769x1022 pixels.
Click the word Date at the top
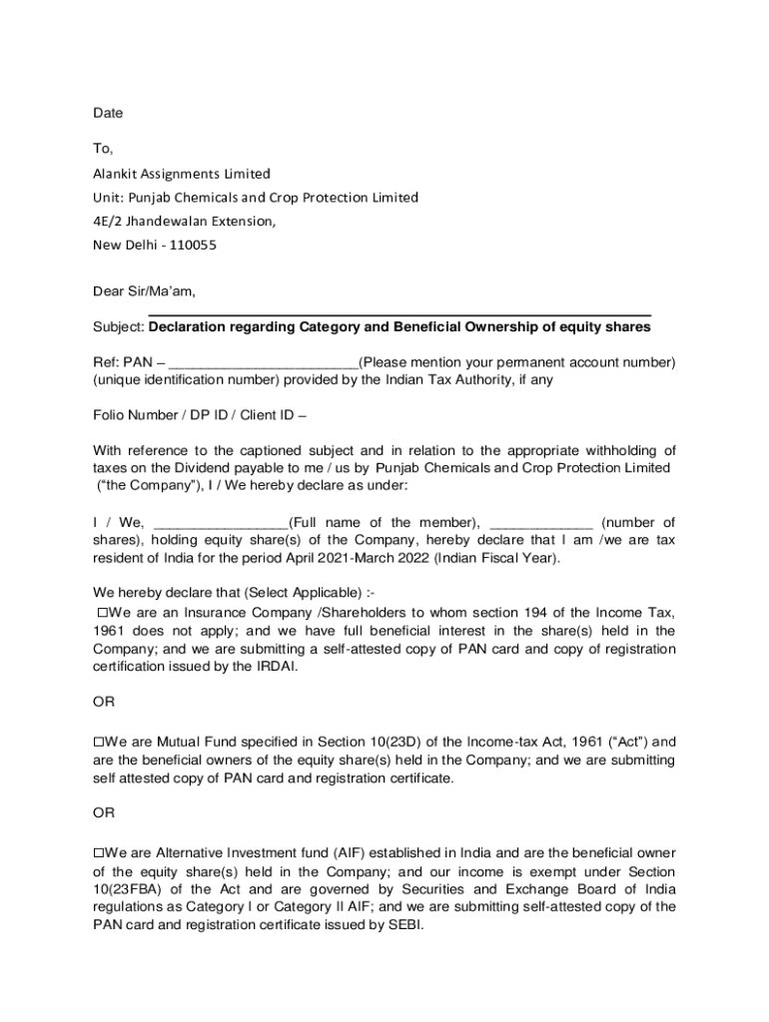(x=108, y=114)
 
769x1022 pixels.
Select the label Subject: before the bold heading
(x=119, y=327)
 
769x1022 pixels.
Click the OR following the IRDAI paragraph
(x=104, y=703)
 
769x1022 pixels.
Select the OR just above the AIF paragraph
(x=104, y=813)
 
